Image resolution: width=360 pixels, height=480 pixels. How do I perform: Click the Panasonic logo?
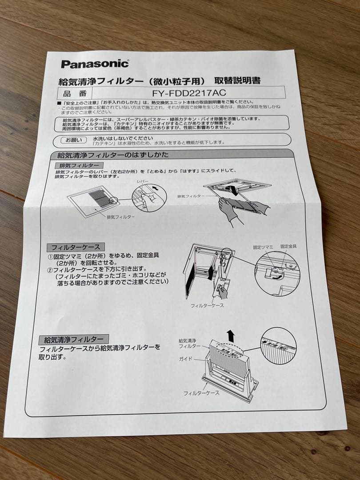coord(95,64)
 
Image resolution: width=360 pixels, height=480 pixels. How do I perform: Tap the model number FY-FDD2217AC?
coord(189,93)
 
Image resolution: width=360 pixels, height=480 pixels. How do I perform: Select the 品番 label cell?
coord(73,94)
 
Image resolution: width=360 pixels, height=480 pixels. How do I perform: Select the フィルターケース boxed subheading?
coord(76,247)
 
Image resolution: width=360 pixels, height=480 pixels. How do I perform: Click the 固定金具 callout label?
coord(288,246)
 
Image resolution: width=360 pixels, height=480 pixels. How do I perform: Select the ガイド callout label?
coord(186,358)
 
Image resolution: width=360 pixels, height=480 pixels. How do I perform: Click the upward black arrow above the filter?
coord(230,336)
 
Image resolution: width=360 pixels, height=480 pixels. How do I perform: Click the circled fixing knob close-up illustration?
coord(277,273)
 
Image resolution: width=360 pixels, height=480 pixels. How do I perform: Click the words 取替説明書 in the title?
coord(237,81)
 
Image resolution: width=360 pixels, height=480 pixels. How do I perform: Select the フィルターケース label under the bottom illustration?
coord(201,393)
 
